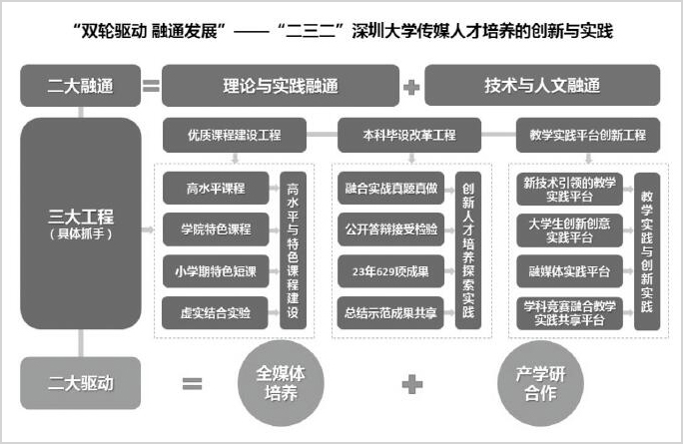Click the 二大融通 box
(81, 86)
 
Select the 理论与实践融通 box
(281, 86)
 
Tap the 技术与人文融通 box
(542, 86)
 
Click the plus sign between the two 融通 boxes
(411, 87)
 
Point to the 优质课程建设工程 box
(235, 135)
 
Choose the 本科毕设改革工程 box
(409, 135)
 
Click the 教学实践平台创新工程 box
(588, 135)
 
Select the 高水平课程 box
(216, 188)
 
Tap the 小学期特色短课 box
(216, 271)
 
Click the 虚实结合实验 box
(215, 313)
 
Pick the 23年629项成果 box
(390, 271)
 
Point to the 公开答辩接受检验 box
(390, 229)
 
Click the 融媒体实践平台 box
(569, 271)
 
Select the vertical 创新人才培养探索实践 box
(468, 250)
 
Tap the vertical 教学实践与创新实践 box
(647, 251)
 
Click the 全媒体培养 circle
(281, 383)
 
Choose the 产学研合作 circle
(540, 383)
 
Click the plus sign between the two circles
(412, 384)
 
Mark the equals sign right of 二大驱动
(192, 383)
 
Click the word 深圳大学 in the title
(384, 31)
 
